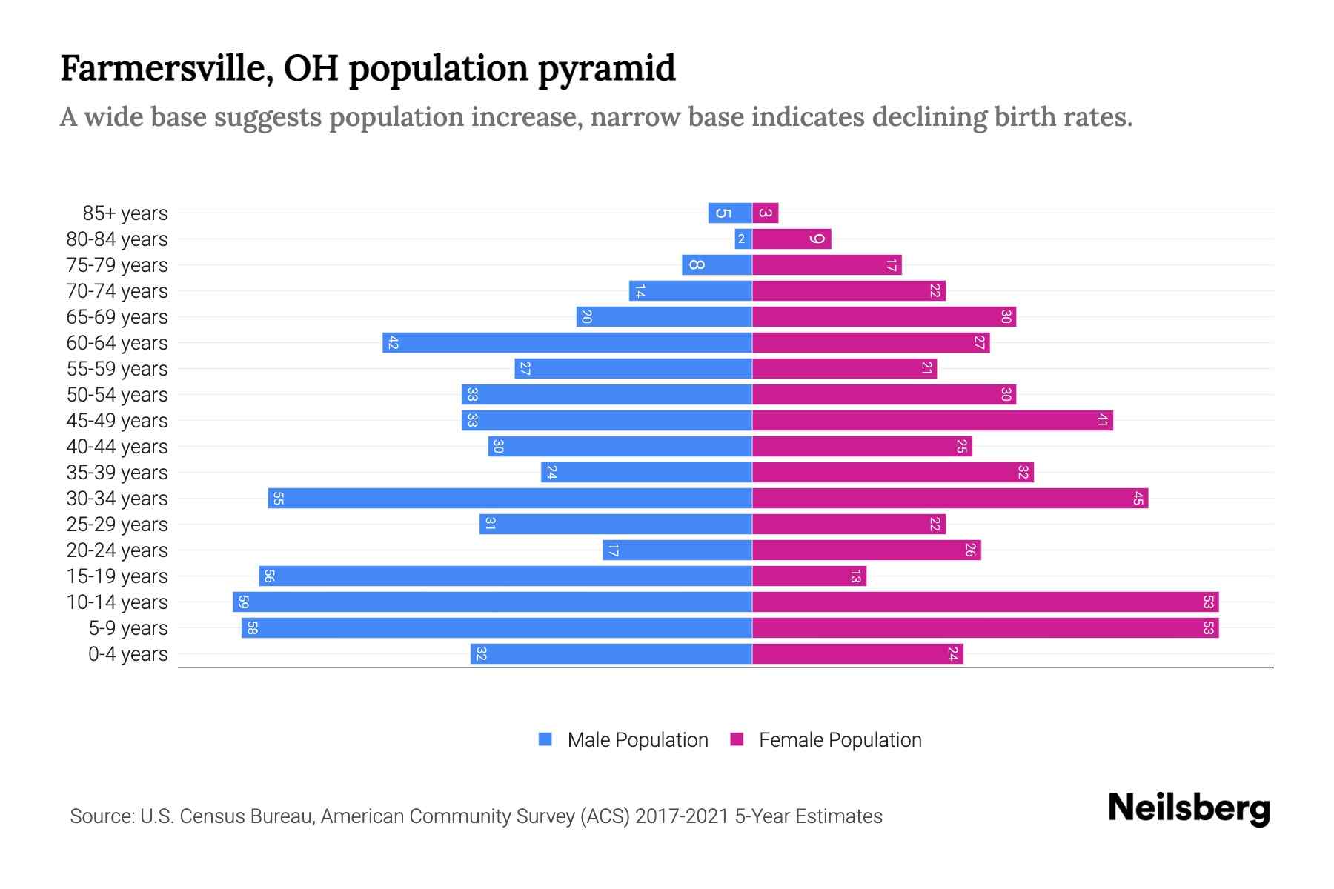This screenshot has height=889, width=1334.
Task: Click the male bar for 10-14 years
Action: [x=492, y=602]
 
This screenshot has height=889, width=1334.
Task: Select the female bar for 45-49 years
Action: [x=932, y=420]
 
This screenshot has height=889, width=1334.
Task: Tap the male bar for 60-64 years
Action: [x=567, y=342]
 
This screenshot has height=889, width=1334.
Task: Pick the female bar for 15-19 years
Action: [x=809, y=576]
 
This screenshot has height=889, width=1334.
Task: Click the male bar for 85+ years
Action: [x=730, y=213]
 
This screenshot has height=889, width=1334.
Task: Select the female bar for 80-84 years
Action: [x=792, y=239]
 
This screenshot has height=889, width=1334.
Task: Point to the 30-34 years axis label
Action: [x=117, y=498]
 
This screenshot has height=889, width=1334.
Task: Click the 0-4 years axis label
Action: [x=127, y=653]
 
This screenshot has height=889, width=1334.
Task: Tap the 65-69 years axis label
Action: [x=117, y=316]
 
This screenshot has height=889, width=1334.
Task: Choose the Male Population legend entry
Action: [x=623, y=739]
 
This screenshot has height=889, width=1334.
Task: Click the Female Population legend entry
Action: [x=826, y=739]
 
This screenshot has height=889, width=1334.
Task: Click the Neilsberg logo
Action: [x=1189, y=808]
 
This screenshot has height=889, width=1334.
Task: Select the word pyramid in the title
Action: [x=606, y=68]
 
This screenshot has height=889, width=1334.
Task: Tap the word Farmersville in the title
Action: [x=164, y=68]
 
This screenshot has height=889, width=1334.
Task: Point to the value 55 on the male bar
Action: [x=278, y=499]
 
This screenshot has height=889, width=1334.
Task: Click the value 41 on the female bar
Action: [x=1103, y=420]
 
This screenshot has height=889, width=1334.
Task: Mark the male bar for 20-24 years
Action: [x=677, y=550]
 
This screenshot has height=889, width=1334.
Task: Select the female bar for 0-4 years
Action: [x=857, y=653]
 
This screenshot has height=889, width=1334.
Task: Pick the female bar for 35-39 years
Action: [x=893, y=472]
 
